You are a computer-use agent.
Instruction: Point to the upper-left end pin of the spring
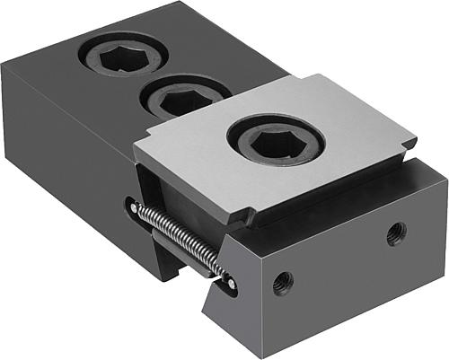(x=134, y=208)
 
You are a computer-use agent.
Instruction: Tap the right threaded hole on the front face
(x=395, y=236)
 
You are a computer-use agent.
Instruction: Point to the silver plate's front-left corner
(x=136, y=163)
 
